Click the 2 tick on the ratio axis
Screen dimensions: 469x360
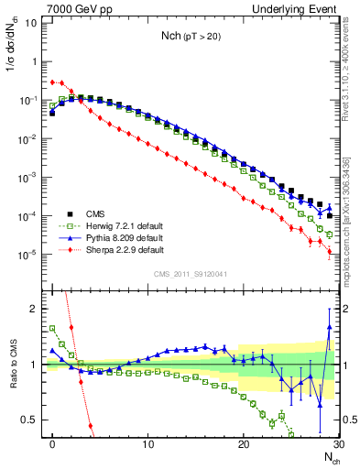click(37, 309)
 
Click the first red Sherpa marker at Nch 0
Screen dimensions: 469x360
click(52, 82)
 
